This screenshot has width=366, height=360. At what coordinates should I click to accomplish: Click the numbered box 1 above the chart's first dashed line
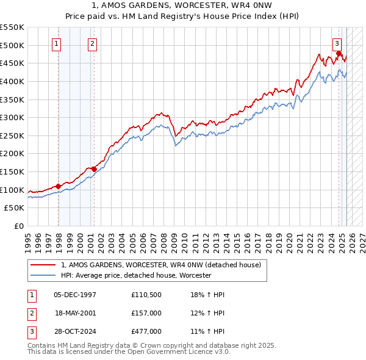[x=56, y=43]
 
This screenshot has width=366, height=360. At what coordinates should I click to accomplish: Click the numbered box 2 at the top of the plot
[x=91, y=43]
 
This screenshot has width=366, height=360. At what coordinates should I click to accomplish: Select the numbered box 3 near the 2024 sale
[x=337, y=43]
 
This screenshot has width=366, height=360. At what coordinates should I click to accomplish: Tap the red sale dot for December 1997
[x=59, y=186]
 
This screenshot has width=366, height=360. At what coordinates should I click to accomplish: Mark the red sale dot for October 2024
[x=339, y=54]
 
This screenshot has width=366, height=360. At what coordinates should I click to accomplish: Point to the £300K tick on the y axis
[x=12, y=117]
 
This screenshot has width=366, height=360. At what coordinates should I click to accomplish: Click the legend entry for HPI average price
[x=135, y=276]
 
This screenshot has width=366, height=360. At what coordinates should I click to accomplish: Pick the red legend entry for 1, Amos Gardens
[x=161, y=265]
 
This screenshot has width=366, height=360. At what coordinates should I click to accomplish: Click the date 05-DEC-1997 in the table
[x=75, y=295]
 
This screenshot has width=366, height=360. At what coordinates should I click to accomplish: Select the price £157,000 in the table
[x=146, y=313]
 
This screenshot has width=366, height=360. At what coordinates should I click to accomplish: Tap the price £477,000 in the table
[x=146, y=331]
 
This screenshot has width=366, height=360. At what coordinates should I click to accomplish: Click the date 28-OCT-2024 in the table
[x=75, y=331]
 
